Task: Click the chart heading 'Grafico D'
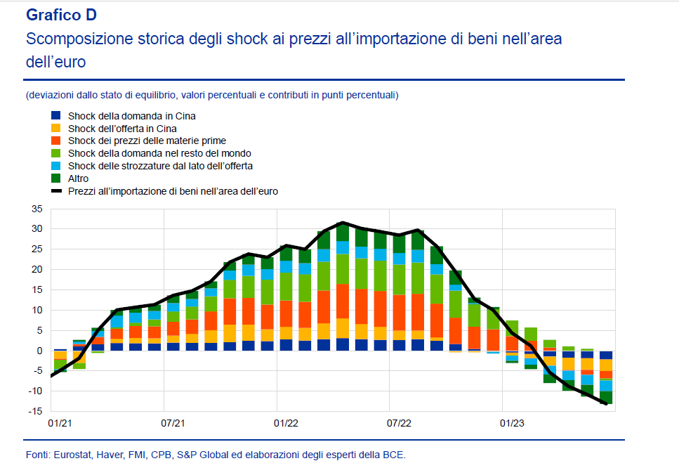tap(61, 15)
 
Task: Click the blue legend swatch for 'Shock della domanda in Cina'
tap(55, 116)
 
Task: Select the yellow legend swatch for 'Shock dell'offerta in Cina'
tap(55, 129)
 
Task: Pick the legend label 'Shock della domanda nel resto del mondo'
tap(159, 153)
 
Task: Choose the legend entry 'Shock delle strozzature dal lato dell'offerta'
tap(160, 166)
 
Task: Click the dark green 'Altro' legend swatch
tap(55, 178)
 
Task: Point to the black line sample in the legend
tap(55, 191)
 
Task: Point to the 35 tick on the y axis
tap(37, 209)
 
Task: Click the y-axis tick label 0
tap(40, 351)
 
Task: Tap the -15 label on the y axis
tap(35, 412)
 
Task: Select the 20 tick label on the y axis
tap(37, 270)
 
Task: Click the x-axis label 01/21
tap(60, 424)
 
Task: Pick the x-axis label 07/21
tap(173, 424)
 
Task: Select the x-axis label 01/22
tap(286, 424)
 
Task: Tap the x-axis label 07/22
tap(399, 424)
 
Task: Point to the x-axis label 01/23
tap(512, 424)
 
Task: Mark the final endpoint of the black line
tap(605, 403)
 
